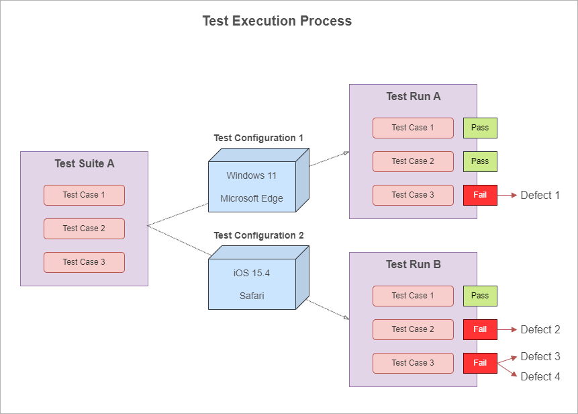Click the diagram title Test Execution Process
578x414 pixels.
pyautogui.click(x=277, y=21)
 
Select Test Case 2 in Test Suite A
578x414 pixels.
pyautogui.click(x=84, y=229)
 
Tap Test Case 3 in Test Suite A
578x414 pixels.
pyautogui.click(x=84, y=262)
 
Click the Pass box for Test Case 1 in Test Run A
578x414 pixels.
pyautogui.click(x=480, y=128)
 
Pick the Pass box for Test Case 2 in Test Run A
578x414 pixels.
pyautogui.click(x=480, y=161)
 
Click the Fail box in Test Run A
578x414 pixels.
pyautogui.click(x=480, y=195)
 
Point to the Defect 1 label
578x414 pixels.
pyautogui.click(x=540, y=195)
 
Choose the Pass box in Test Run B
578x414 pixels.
pyautogui.click(x=480, y=296)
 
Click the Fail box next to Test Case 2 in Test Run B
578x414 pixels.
pyautogui.click(x=480, y=329)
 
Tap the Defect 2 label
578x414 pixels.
pyautogui.click(x=540, y=329)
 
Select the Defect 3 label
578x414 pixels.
pyautogui.click(x=540, y=356)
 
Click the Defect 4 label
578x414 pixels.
pyautogui.click(x=540, y=376)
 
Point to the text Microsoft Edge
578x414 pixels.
pyautogui.click(x=252, y=198)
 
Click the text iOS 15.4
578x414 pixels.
pyautogui.click(x=251, y=273)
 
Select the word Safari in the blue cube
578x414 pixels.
pyautogui.click(x=252, y=296)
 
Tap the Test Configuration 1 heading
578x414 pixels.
pyautogui.click(x=258, y=138)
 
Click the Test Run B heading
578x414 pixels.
pyautogui.click(x=414, y=265)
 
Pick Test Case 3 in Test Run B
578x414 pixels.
pyautogui.click(x=413, y=363)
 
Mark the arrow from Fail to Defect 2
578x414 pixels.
pyautogui.click(x=507, y=329)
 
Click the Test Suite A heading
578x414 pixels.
pyautogui.click(x=85, y=163)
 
